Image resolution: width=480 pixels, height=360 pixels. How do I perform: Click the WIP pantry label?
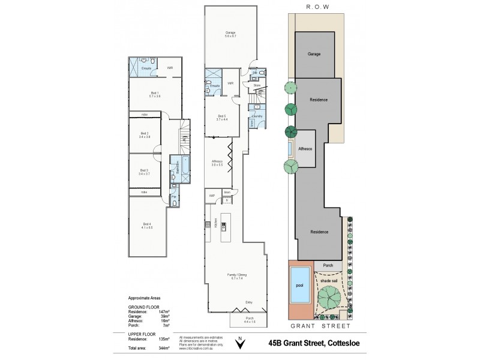coord(212,196)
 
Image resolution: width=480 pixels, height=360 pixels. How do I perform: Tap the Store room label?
coord(256,85)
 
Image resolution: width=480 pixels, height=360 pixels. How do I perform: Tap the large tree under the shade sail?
coord(329,297)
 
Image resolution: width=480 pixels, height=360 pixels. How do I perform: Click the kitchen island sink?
coord(223,226)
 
